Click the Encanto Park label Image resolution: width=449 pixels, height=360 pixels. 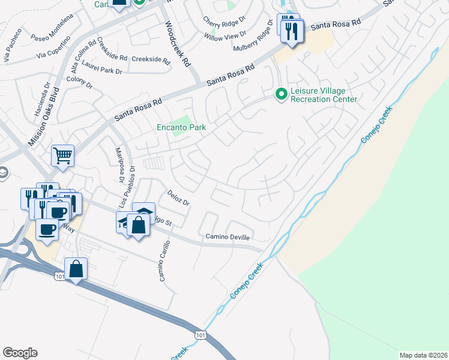tap(181, 127)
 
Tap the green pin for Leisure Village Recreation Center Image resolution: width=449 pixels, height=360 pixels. tap(280, 94)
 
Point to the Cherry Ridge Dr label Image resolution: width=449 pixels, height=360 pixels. tap(224, 20)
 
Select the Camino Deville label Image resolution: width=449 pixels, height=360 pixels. tap(228, 237)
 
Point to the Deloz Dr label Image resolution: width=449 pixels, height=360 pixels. tap(178, 199)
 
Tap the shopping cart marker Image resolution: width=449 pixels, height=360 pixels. tap(62, 157)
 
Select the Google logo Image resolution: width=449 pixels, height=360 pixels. tap(20, 353)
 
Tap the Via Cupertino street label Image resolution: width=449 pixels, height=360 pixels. tap(54, 53)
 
